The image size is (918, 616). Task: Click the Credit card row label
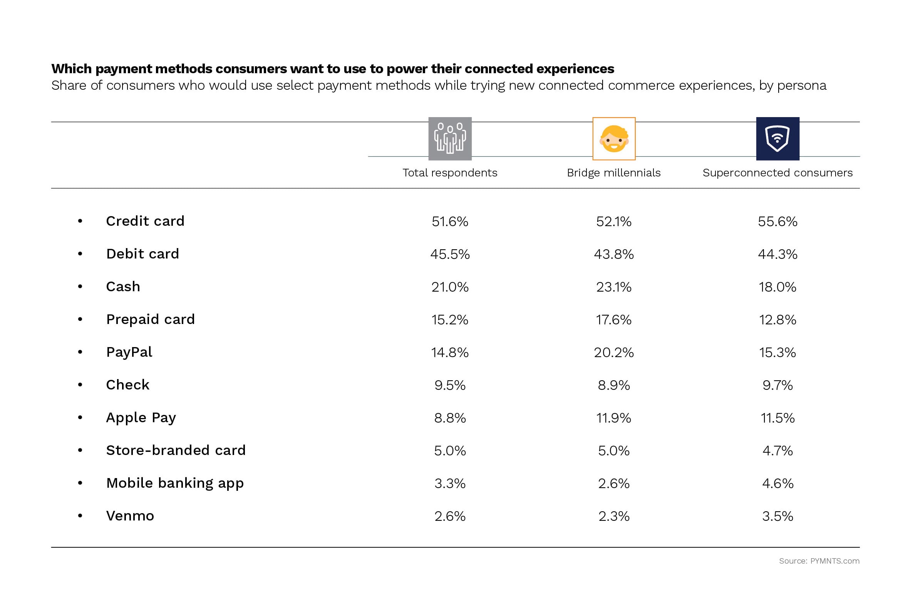point(145,221)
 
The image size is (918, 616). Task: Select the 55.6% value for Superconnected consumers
point(777,222)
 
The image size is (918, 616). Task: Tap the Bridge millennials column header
point(613,173)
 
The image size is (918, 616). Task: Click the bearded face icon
point(614,139)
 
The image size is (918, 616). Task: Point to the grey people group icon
point(450,139)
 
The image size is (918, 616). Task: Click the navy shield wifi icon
point(777,139)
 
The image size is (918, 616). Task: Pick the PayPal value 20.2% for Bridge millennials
point(613,352)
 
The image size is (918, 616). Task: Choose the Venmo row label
point(130,516)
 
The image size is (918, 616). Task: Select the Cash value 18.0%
point(777,287)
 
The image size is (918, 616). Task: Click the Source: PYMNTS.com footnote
point(819,561)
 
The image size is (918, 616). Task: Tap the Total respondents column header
point(450,173)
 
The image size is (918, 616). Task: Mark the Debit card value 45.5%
point(450,254)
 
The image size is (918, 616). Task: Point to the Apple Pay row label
point(141,418)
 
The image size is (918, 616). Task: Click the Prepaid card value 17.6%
point(613,320)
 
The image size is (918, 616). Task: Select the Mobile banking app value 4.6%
point(777,483)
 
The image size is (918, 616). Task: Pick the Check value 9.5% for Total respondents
point(450,385)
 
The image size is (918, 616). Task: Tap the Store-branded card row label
point(176,450)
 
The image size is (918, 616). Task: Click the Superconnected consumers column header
point(777,173)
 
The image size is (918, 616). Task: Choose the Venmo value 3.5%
point(777,516)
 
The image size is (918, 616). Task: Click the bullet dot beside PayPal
point(80,352)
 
